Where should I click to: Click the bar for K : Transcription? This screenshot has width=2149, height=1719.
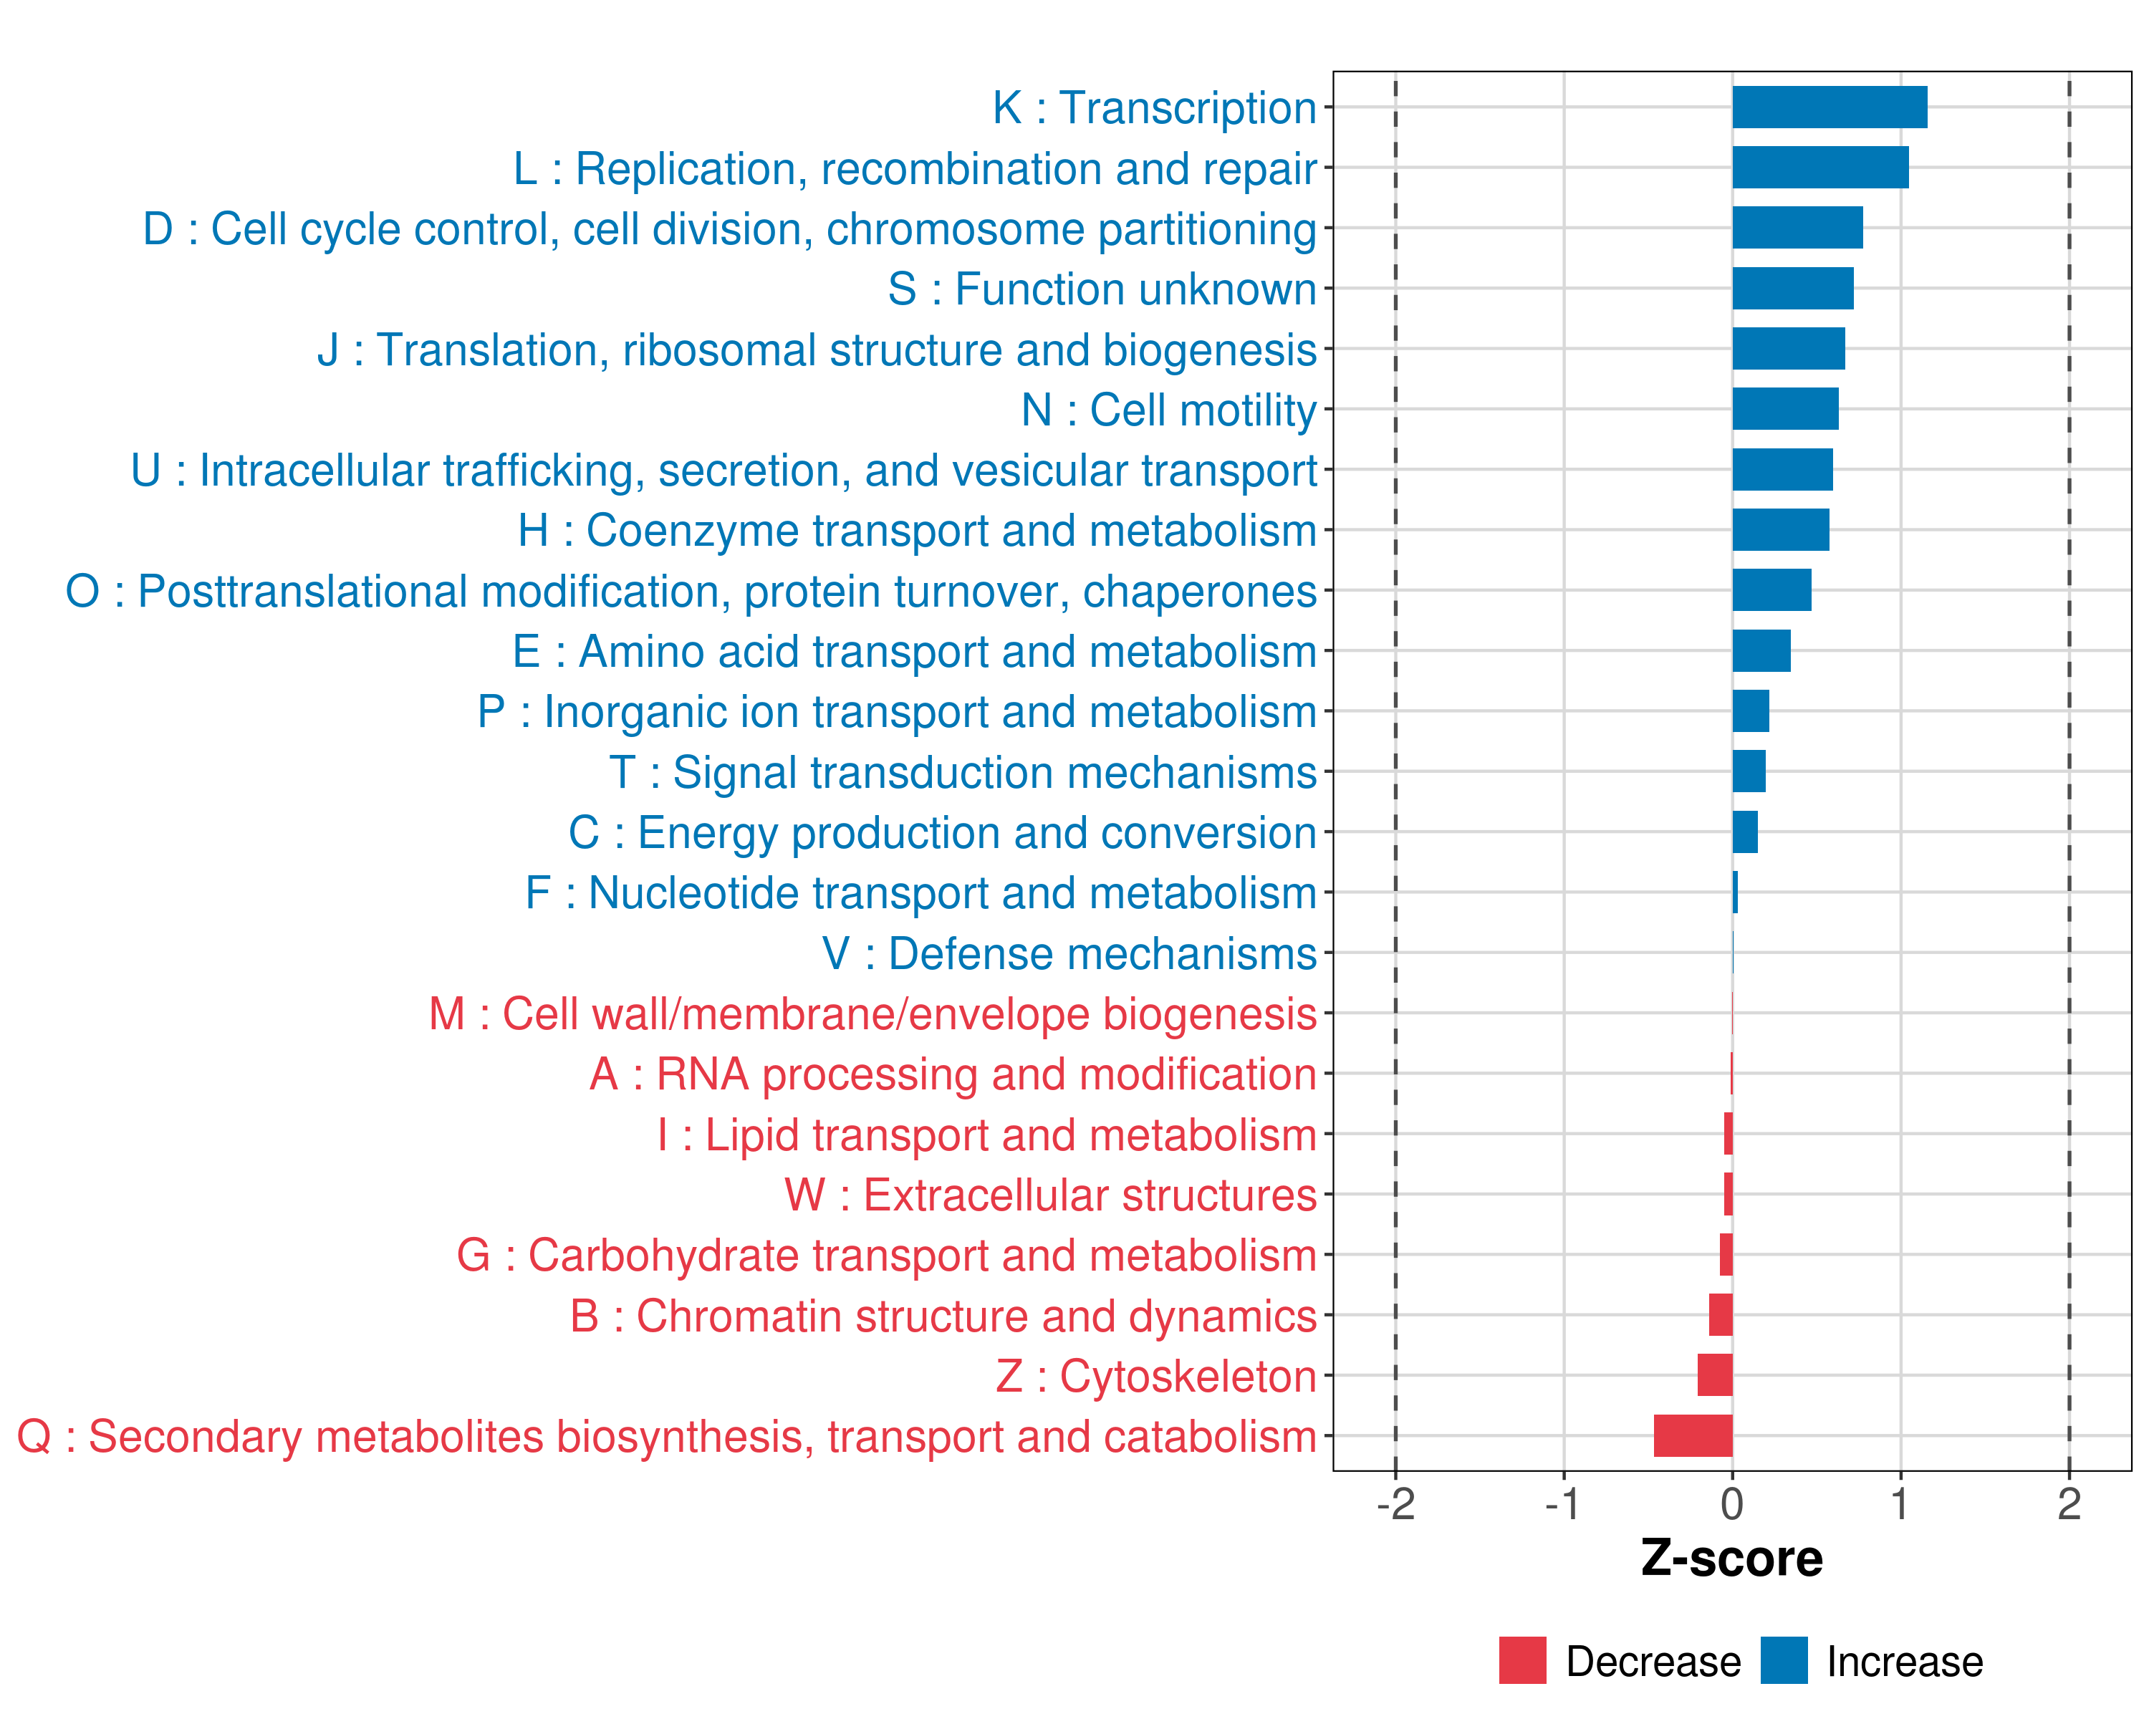click(1829, 107)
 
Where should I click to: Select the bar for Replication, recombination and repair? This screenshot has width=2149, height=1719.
click(1820, 168)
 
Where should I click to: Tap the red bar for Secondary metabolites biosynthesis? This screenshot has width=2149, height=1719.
click(1693, 1436)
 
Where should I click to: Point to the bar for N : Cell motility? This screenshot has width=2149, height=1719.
click(1785, 408)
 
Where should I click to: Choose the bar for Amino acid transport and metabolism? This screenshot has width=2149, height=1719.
click(1761, 651)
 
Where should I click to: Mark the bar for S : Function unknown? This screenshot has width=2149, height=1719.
click(1792, 288)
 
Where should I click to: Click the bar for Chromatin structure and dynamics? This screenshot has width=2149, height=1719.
click(1721, 1314)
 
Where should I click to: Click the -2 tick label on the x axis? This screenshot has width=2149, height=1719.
click(1395, 1503)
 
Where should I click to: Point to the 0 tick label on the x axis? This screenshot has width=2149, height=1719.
click(1732, 1503)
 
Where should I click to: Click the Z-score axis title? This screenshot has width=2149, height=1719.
click(1731, 1559)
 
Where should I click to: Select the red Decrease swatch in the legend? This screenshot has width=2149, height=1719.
click(1522, 1660)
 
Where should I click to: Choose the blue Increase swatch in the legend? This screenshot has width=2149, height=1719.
click(1783, 1660)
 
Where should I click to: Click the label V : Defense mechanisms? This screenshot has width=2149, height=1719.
click(1069, 953)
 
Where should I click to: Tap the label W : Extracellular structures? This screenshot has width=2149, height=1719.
click(1051, 1195)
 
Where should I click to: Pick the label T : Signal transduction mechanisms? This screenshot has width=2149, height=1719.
click(963, 772)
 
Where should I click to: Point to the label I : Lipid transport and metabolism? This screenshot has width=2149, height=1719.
click(987, 1135)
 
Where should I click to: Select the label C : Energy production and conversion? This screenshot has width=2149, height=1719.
click(942, 833)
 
